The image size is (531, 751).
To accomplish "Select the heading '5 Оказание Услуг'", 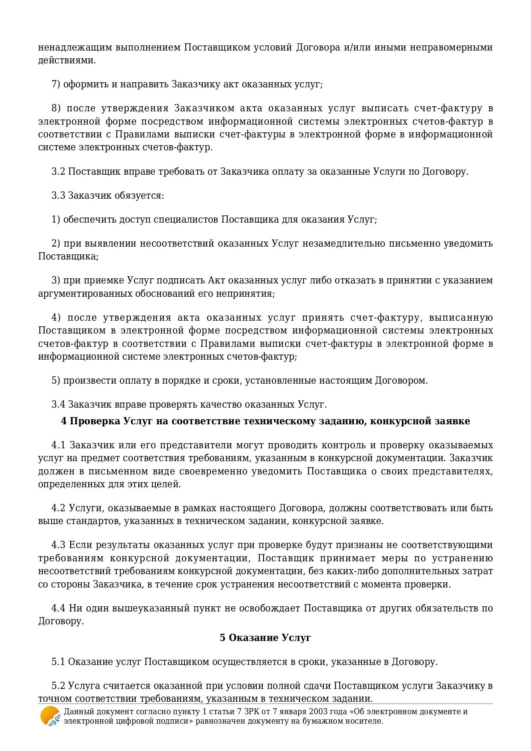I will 265,638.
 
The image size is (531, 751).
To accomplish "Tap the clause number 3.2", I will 58,172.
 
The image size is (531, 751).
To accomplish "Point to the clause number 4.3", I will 58,545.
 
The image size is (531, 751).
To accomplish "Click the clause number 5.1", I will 58,662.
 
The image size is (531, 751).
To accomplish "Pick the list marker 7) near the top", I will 56,84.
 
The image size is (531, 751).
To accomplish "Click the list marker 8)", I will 56,108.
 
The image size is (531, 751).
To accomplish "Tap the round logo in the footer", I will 50,716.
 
